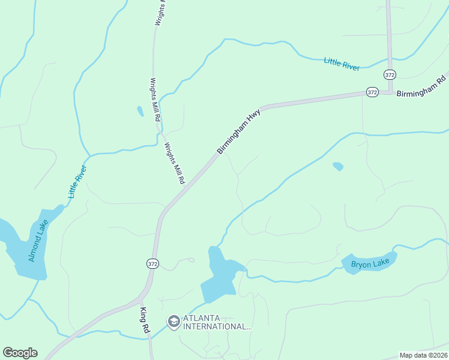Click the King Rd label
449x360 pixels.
click(144, 321)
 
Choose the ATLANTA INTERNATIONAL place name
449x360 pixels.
click(217, 322)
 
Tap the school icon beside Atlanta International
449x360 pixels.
click(173, 322)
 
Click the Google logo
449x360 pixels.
click(20, 353)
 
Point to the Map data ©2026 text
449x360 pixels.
click(424, 355)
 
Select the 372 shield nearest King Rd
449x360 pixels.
click(152, 263)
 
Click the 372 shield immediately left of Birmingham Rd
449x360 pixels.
click(372, 92)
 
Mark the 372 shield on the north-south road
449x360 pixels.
click(390, 74)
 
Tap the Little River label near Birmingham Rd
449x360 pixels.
click(342, 64)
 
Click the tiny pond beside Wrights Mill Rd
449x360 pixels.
click(140, 111)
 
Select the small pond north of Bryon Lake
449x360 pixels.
click(338, 166)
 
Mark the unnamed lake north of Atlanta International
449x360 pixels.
click(218, 275)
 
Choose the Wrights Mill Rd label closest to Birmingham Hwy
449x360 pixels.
click(175, 163)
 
